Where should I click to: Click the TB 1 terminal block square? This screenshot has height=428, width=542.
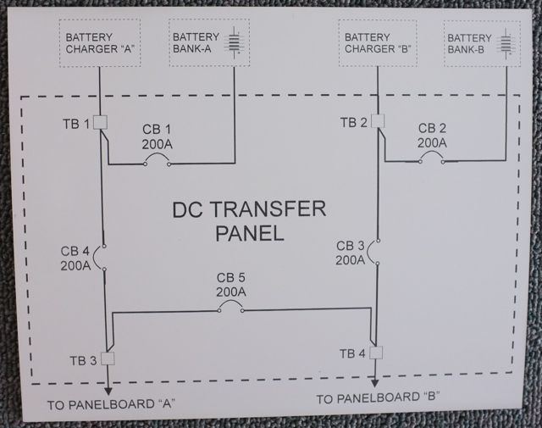pos(99,124)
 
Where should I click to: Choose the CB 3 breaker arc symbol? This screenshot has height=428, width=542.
pos(373,252)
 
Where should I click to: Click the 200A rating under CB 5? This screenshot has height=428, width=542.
pos(230,292)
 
